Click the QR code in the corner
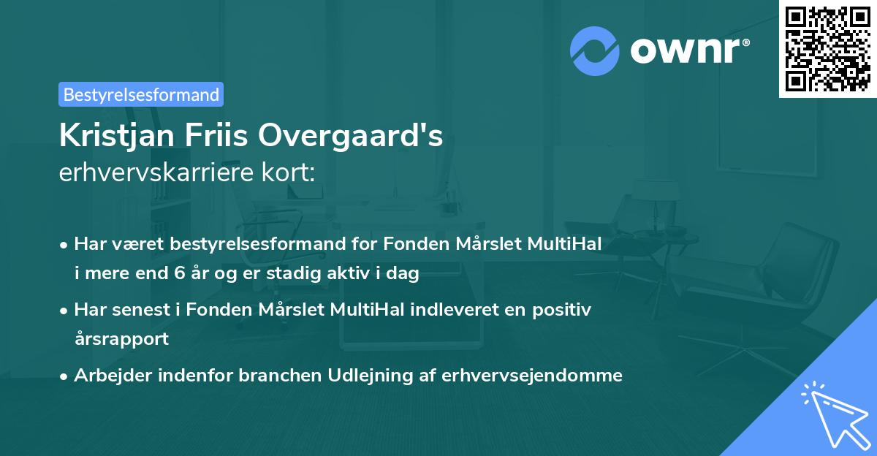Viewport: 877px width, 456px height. click(x=827, y=49)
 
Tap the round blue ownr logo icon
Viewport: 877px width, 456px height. click(x=595, y=51)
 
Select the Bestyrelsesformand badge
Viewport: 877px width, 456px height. click(x=141, y=94)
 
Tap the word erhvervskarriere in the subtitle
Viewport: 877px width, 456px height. click(x=147, y=173)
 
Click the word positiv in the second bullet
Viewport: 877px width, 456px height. click(x=565, y=309)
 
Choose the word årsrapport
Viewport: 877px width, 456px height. click(x=121, y=339)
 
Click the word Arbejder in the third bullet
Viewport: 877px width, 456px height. click(x=107, y=376)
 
